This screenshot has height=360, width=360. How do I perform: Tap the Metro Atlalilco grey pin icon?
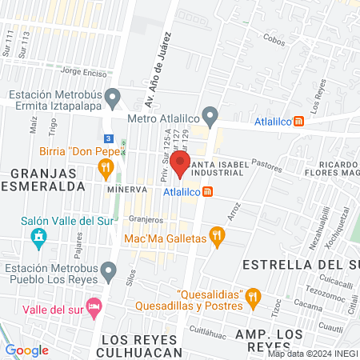coord(210,117)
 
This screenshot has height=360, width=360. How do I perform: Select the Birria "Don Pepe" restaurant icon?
coord(104,168)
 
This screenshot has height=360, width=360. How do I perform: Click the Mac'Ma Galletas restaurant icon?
coord(215,236)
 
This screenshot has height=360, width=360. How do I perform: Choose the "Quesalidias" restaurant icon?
coord(253,298)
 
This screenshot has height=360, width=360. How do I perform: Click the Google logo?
coord(26,350)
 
